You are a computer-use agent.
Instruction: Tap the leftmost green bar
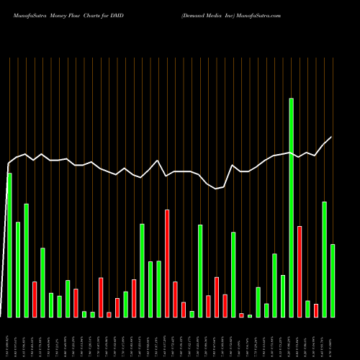(9, 245)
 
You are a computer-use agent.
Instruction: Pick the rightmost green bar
(333, 281)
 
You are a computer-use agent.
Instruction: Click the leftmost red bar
(35, 299)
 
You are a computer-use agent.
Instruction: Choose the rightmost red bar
(316, 310)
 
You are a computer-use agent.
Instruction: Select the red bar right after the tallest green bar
(300, 271)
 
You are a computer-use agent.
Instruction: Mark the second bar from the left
(18, 269)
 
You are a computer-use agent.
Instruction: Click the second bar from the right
(325, 259)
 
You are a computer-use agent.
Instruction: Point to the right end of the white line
(331, 137)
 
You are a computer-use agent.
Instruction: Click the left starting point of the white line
(7, 165)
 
